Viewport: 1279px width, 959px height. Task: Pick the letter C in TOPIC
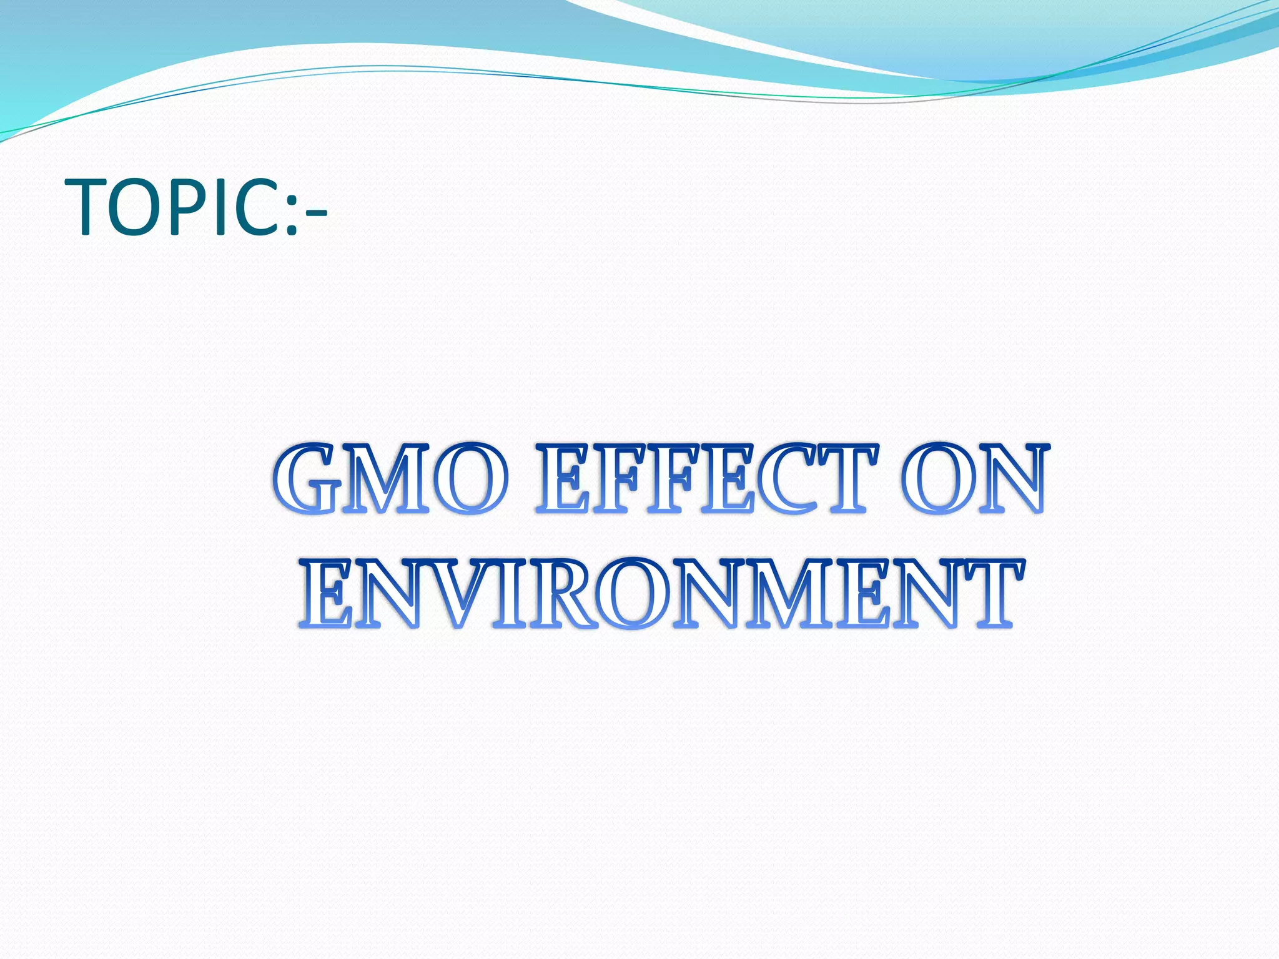(x=258, y=207)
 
